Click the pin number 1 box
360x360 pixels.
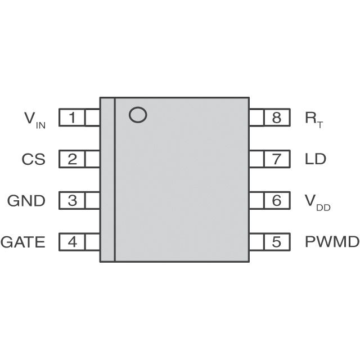[73, 118]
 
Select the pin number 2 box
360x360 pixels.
[73, 159]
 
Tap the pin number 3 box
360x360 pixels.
[73, 200]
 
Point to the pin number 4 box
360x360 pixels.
[73, 242]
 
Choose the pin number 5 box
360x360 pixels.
[276, 242]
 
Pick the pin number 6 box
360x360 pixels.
[276, 200]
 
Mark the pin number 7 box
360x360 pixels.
[276, 159]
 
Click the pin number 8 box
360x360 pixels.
[276, 118]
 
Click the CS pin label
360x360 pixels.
[33, 159]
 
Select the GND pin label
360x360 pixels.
[26, 200]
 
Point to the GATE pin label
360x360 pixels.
[23, 242]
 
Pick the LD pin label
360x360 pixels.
[315, 159]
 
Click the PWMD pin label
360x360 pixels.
[332, 242]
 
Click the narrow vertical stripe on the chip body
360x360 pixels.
[107, 179]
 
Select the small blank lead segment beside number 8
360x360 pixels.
[256, 118]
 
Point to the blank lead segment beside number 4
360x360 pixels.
[93, 242]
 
